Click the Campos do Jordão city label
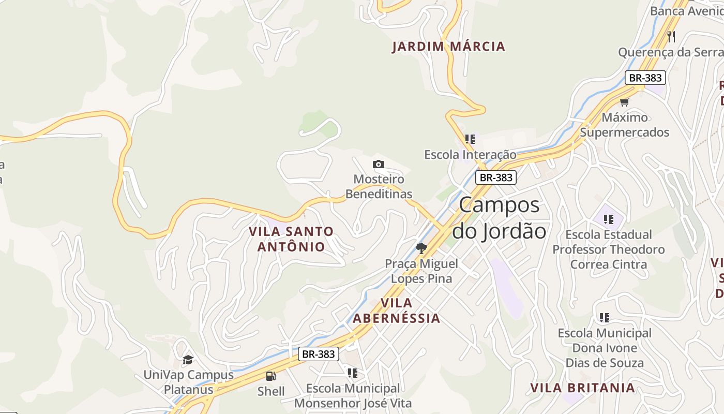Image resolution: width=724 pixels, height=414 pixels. [499, 218]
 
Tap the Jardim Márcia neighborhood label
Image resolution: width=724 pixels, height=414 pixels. [448, 47]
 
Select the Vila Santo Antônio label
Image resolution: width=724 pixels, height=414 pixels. [291, 239]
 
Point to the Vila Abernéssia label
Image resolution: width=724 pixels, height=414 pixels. [397, 310]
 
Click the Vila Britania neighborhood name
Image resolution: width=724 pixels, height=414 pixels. [582, 388]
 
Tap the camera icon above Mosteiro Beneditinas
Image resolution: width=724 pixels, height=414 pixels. [379, 164]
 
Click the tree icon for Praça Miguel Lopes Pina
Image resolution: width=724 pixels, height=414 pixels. [421, 248]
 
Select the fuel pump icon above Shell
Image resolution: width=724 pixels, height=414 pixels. [270, 376]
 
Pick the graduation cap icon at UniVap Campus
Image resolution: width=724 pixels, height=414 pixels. [188, 359]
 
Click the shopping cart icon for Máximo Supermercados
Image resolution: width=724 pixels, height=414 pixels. [625, 102]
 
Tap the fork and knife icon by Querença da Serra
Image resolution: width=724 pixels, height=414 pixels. [671, 36]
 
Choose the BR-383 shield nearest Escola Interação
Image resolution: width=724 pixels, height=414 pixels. [496, 178]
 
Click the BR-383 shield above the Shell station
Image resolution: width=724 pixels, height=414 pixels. [319, 354]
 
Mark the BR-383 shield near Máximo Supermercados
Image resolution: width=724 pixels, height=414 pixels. [645, 78]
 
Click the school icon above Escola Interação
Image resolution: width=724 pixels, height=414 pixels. [470, 139]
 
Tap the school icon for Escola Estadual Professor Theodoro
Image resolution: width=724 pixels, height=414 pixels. [608, 219]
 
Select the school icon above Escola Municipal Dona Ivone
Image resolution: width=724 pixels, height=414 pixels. [604, 317]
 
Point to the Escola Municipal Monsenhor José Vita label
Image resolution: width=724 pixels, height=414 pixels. [353, 395]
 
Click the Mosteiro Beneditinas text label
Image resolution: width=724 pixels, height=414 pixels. [379, 186]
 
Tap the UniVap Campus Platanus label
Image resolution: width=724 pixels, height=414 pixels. [188, 382]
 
